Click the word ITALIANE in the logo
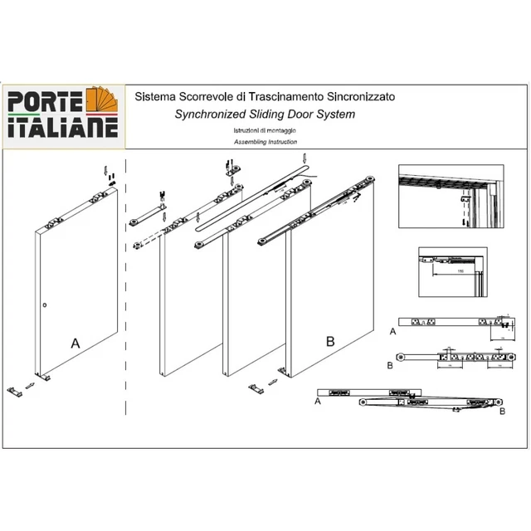pyautogui.click(x=62, y=129)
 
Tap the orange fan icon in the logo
pyautogui.click(x=101, y=104)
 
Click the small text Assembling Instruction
pyautogui.click(x=254, y=144)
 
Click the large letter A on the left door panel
pyautogui.click(x=76, y=341)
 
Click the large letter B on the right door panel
pyautogui.click(x=329, y=341)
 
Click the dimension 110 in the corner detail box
pyautogui.click(x=459, y=270)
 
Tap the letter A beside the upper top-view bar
pyautogui.click(x=392, y=330)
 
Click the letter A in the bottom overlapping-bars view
pyautogui.click(x=318, y=400)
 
